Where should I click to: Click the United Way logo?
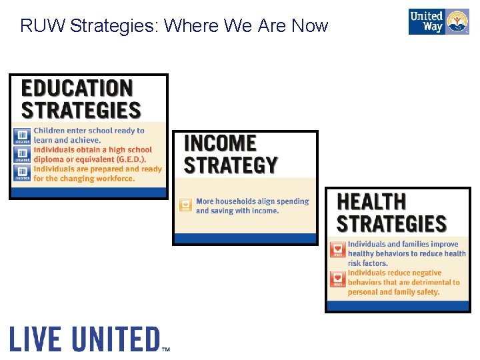[439, 22]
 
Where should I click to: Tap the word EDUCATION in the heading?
[77, 88]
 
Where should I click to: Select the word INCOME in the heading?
[220, 143]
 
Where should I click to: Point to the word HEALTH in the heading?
[371, 201]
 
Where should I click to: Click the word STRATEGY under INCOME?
[230, 165]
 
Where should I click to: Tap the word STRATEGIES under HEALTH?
[391, 223]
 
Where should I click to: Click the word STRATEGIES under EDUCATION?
[81, 110]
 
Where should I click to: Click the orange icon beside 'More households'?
[186, 205]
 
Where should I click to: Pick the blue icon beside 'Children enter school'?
[22, 136]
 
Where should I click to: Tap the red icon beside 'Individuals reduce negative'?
[338, 279]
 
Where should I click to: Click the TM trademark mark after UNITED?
[166, 348]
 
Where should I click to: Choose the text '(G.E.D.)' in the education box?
[127, 159]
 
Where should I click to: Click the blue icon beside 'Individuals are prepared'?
[22, 173]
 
